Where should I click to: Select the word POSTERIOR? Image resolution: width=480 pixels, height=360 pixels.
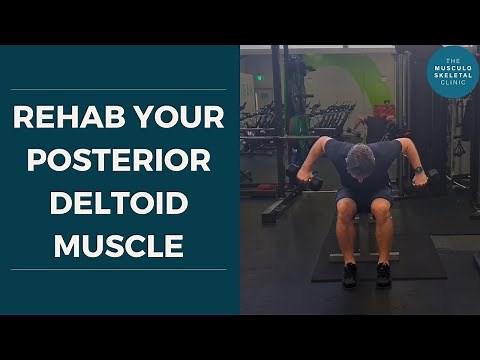[x=119, y=162]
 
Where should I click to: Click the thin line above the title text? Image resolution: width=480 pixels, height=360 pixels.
[x=119, y=89]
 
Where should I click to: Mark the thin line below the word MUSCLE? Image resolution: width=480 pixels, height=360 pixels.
[x=119, y=270]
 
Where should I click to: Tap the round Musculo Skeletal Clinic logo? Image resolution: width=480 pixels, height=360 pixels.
[x=452, y=72]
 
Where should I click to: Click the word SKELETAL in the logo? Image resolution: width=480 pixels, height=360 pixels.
[x=452, y=76]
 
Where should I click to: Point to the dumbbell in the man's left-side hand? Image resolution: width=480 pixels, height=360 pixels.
[x=305, y=179]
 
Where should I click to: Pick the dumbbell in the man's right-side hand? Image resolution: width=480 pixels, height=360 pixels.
[x=428, y=178]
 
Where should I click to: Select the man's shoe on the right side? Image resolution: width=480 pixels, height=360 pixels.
[x=382, y=275]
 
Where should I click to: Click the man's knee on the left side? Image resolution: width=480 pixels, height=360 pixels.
[x=346, y=210]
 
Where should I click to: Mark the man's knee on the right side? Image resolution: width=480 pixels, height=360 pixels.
[x=383, y=211]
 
